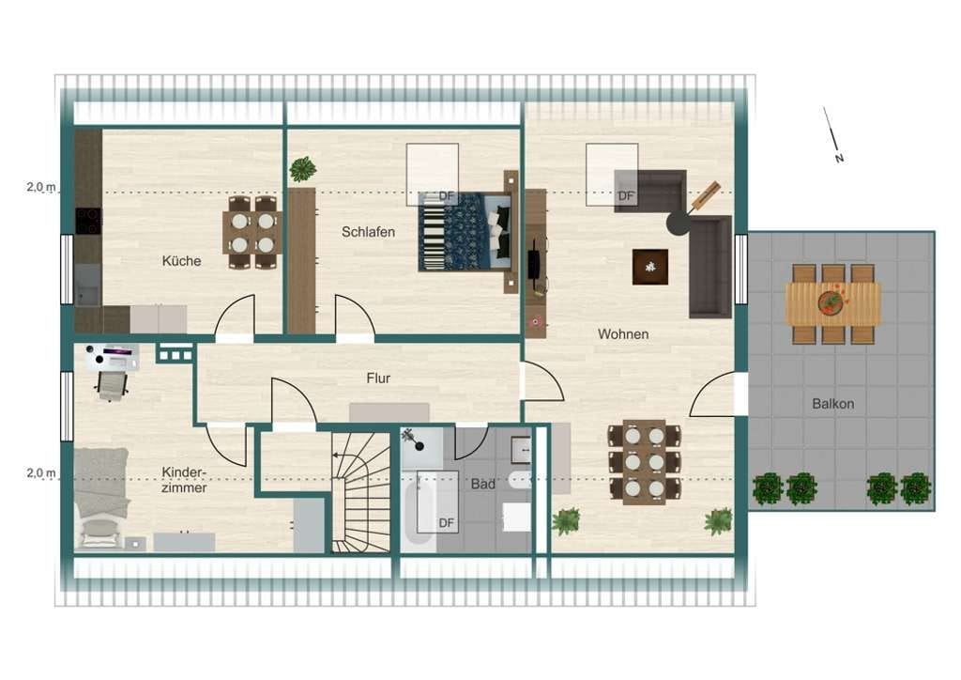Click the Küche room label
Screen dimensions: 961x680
coord(181,260)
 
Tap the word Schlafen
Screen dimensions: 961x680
coord(368,232)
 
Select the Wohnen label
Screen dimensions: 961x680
coord(623,334)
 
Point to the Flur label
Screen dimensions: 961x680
coord(378,379)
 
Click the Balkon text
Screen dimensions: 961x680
coord(833,404)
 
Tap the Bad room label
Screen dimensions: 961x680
coord(483,484)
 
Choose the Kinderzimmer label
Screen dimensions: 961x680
coord(184,480)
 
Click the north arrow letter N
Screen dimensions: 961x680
coord(839,158)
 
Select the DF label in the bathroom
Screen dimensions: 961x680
coord(446,522)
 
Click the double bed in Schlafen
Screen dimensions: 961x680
coord(465,232)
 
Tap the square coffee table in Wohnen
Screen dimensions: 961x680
coord(650,267)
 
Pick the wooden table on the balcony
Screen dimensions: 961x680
coord(833,303)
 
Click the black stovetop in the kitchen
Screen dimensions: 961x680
coord(88,221)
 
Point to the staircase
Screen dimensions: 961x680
coord(361,492)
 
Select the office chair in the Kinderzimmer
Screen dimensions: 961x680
coord(112,386)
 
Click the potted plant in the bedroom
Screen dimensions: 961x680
coord(303,169)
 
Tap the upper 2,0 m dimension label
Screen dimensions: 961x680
coord(41,186)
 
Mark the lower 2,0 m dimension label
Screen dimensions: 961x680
coord(41,472)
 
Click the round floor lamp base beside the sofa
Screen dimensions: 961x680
coord(679,224)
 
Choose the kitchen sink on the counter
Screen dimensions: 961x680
coord(87,285)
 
